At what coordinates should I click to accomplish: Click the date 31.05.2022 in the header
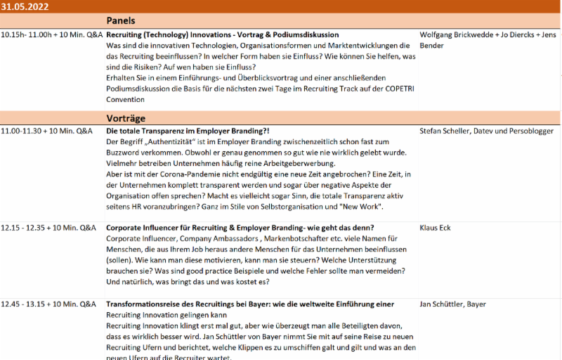pos(25,6)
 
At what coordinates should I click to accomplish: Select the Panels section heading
pos(121,20)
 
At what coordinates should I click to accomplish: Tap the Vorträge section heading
pos(126,118)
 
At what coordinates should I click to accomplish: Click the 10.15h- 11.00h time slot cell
pos(52,34)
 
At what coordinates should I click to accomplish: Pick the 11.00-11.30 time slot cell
pos(46,131)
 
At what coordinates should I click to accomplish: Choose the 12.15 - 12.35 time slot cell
pos(48,228)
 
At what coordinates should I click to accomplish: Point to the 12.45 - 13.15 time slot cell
pos(48,304)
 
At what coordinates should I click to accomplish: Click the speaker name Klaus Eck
pos(436,228)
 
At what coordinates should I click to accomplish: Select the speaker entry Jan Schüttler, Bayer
pos(452,304)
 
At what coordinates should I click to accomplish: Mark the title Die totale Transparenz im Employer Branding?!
pos(188,131)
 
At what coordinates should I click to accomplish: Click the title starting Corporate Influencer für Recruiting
pos(240,228)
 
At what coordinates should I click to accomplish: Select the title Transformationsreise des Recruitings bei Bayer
pos(249,304)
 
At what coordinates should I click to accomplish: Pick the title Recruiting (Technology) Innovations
pos(222,34)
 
